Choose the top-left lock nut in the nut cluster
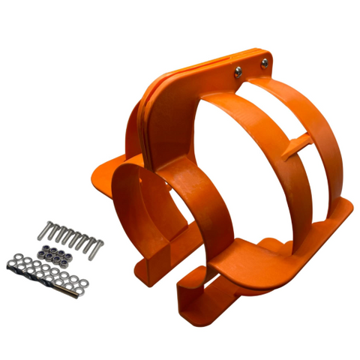(x=43, y=245)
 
